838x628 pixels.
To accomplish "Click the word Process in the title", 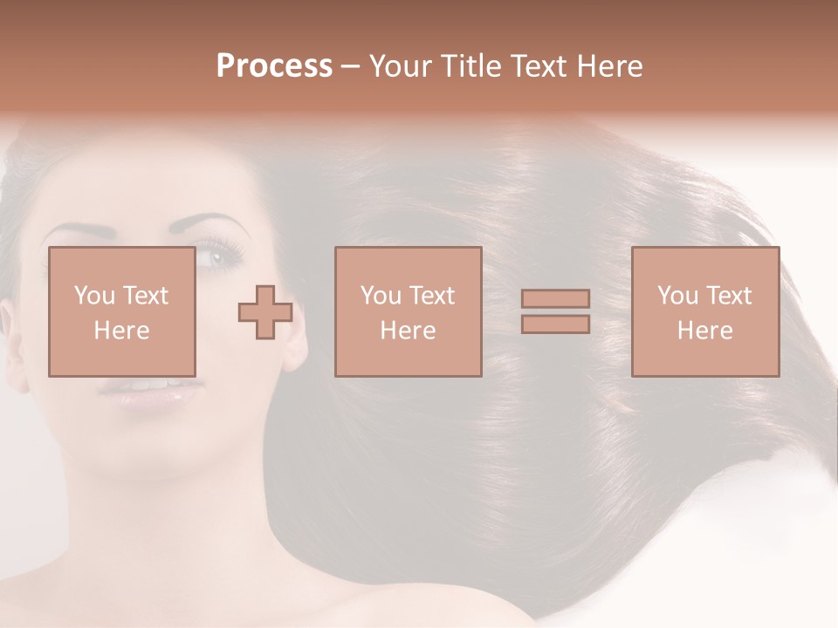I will (x=274, y=66).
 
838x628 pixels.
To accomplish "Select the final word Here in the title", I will (x=608, y=66).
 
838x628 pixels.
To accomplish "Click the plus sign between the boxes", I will (x=265, y=312).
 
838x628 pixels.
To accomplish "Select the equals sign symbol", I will (x=555, y=311).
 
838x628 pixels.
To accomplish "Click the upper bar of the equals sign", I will (x=555, y=299).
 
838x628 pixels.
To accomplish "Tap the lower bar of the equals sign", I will (x=555, y=324).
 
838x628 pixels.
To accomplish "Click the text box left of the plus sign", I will (x=121, y=312).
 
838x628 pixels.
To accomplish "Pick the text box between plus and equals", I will (x=408, y=312).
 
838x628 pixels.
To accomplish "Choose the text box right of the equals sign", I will (x=704, y=312).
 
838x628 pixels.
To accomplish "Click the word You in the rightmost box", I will (x=675, y=296).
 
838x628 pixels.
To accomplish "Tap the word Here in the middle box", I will (x=408, y=331).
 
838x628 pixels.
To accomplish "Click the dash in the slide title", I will (x=351, y=67).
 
